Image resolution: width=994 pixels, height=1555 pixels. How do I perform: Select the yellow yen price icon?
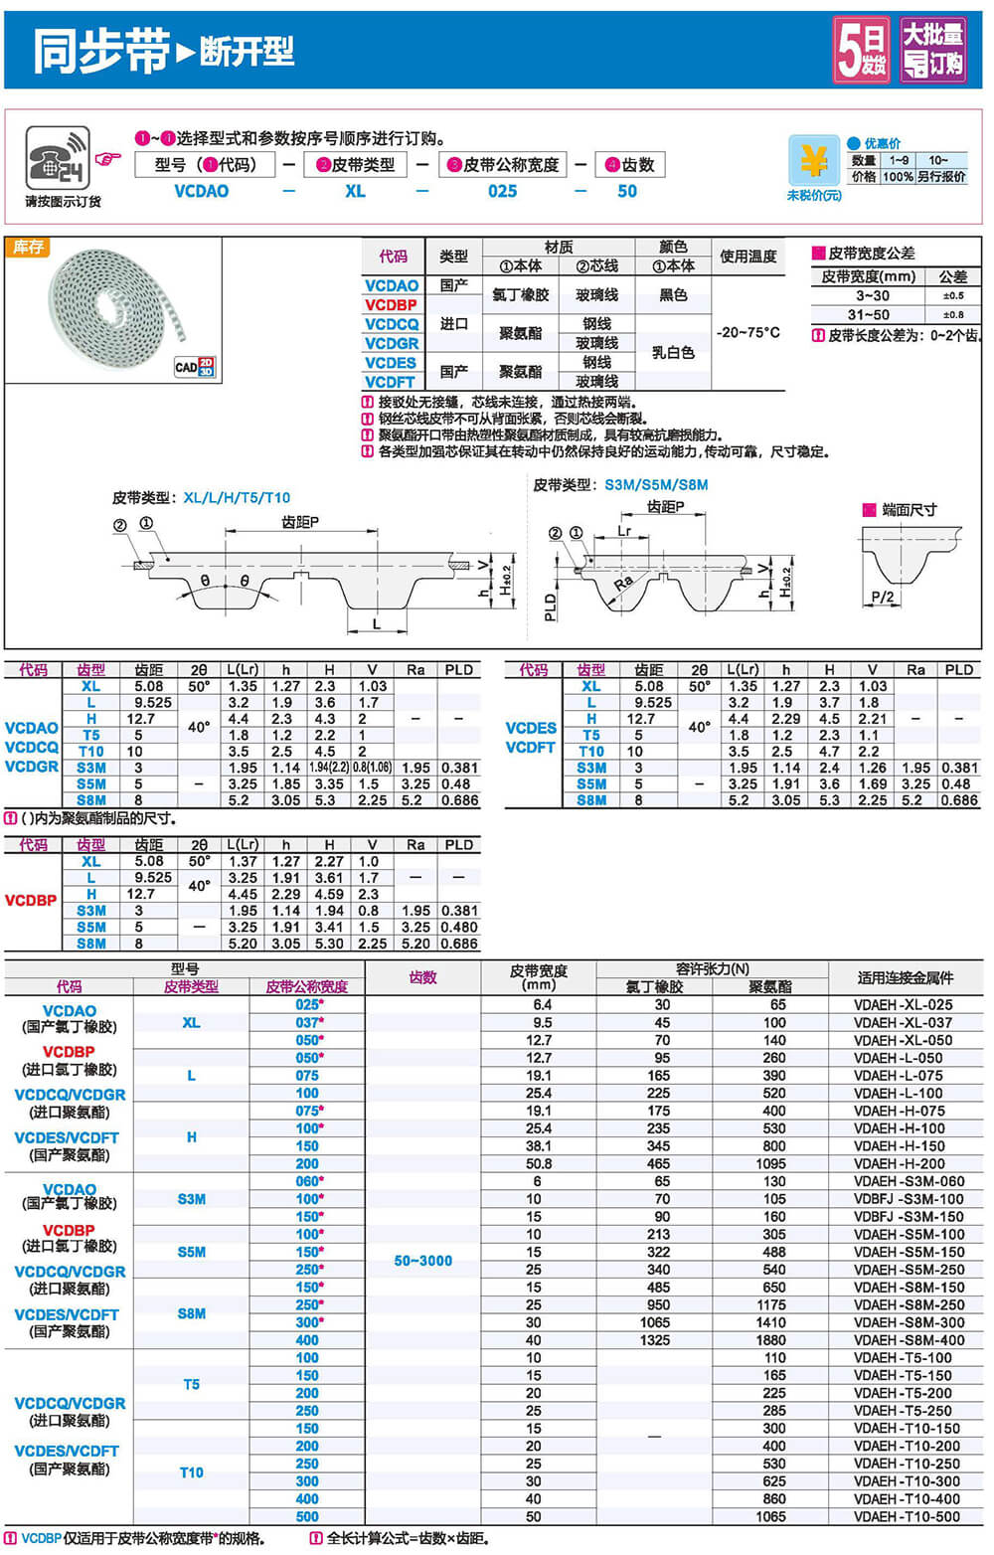pos(813,160)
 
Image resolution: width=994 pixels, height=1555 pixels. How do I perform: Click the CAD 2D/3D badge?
pos(195,367)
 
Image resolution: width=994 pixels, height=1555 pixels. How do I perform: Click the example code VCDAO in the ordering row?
pos(201,191)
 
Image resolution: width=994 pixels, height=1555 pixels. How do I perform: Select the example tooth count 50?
pos(626,191)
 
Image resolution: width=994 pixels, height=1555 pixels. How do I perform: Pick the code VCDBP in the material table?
pos(391,305)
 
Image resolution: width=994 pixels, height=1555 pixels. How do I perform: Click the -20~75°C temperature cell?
pos(747,333)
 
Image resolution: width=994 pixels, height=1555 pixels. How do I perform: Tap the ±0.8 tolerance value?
pos(952,315)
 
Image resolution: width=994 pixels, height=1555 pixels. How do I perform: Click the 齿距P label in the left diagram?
pos(300,522)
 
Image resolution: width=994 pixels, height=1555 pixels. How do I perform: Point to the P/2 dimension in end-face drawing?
pos(883,597)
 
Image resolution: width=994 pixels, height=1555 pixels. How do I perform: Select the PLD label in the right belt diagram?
pos(551,605)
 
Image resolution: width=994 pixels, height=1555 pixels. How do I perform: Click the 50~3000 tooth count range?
pos(422,1261)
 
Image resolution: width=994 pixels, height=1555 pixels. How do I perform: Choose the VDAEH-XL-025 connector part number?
pos(903,1005)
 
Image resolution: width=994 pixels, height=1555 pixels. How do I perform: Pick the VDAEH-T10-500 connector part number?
pos(907,1517)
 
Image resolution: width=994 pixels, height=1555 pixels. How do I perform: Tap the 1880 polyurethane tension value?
pos(769,1340)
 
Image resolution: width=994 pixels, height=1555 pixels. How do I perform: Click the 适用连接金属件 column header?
pos(905,977)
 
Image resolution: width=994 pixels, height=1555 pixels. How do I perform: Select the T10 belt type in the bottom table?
pos(191,1472)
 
